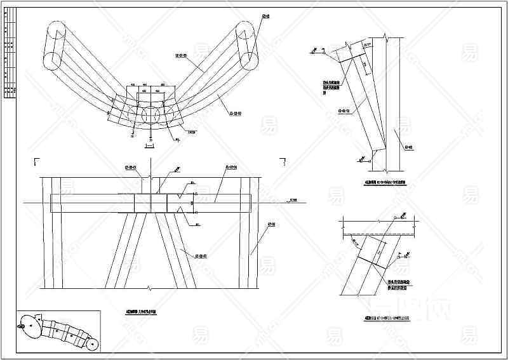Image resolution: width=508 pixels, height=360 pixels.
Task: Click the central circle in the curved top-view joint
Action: [150, 116]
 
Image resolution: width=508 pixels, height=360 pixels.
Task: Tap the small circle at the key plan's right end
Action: [92, 346]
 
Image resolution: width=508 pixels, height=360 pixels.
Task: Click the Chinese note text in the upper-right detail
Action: [328, 85]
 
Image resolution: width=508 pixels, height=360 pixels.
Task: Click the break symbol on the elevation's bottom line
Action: [149, 289]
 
